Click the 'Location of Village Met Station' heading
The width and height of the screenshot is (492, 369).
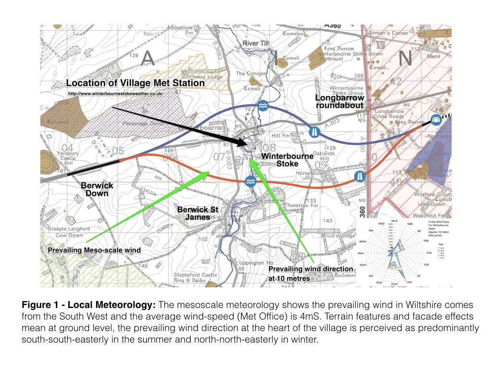click(x=135, y=83)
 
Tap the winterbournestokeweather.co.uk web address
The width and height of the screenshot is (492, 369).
click(x=115, y=93)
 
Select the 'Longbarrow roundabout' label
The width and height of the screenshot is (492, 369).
click(x=340, y=101)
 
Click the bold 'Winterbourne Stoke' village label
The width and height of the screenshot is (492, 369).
click(x=287, y=160)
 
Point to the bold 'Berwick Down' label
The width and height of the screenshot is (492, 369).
click(x=97, y=189)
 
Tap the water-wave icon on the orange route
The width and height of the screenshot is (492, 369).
click(x=250, y=182)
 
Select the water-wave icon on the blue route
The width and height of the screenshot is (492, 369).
click(x=263, y=106)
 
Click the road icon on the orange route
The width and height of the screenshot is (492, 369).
click(x=360, y=176)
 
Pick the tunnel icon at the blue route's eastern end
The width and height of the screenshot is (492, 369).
click(x=436, y=120)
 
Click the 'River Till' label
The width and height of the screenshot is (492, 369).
click(x=256, y=44)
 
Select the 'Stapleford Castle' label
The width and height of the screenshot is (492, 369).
click(x=196, y=275)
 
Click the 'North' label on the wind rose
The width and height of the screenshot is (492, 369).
click(x=394, y=221)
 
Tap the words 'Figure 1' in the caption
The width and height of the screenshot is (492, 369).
click(x=39, y=305)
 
